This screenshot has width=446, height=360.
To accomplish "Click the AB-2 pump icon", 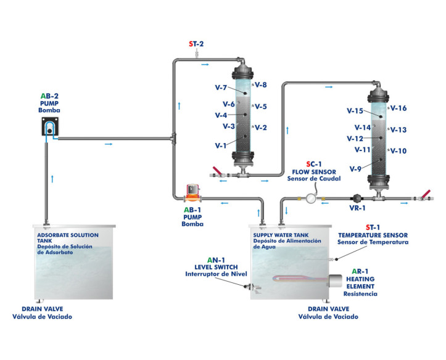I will [50, 127].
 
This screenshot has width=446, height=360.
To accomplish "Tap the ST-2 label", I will [196, 44].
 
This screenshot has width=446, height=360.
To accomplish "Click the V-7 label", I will [221, 88].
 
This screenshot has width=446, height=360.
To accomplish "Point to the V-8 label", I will [260, 85].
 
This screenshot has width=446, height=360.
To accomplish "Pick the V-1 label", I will [221, 146].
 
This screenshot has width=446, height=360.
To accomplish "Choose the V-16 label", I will [399, 108].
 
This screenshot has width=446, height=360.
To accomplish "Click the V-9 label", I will [355, 169].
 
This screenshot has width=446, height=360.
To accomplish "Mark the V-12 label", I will [355, 139].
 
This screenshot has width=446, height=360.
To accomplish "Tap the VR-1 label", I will [358, 209].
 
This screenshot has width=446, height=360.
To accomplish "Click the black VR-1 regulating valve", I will [355, 198].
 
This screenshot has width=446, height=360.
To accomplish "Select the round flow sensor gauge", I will [311, 198].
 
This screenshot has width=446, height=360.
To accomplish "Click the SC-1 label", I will [315, 163].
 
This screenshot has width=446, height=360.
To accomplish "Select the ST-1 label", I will [373, 227].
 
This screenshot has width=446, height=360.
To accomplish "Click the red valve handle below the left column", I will [215, 171].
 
